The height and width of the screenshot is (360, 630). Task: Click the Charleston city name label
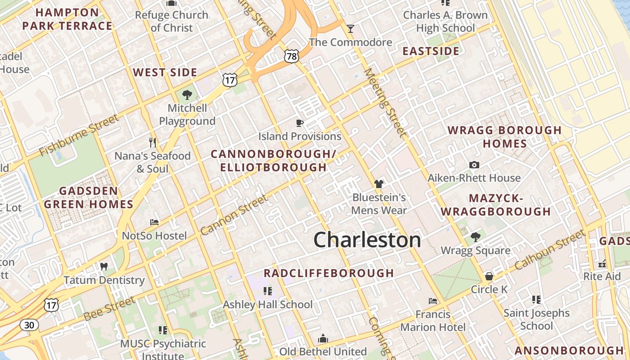[x=367, y=240]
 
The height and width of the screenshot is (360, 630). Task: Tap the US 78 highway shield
[x=291, y=56]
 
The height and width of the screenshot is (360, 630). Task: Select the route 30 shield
[x=29, y=324]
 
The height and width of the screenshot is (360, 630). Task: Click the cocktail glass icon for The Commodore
[x=351, y=29]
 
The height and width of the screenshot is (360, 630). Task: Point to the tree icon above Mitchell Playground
[x=187, y=95]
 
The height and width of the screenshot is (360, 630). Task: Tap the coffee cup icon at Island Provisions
[x=300, y=123]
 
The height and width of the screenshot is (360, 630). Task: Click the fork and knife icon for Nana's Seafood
[x=153, y=143]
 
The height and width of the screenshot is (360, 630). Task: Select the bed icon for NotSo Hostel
[x=154, y=222]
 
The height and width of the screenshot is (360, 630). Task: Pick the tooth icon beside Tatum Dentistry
[x=104, y=266]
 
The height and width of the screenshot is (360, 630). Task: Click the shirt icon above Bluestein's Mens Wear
[x=379, y=184]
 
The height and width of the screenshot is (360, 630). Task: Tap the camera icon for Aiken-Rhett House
[x=474, y=165]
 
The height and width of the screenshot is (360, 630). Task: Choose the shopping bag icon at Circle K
[x=489, y=276]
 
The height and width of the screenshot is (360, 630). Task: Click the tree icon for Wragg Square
[x=475, y=237]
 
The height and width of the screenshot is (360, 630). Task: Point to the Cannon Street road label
[x=234, y=215]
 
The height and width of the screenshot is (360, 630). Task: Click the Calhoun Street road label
[x=549, y=250]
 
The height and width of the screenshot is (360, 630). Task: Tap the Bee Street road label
[x=109, y=309]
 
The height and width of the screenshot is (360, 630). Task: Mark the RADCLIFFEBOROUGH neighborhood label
[x=328, y=273]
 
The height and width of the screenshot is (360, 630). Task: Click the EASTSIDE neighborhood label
[x=431, y=51]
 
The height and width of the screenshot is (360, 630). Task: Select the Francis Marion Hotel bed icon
[x=433, y=301]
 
